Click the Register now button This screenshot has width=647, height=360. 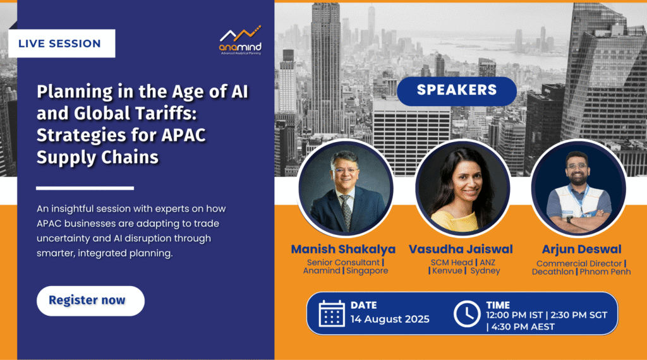90,301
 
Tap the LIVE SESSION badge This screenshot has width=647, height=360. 61,44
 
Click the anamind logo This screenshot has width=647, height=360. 240,40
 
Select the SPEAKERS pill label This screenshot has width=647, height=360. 457,91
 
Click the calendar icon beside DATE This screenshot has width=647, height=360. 332,314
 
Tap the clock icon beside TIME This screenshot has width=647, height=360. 467,315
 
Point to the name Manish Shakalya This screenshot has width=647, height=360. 343,249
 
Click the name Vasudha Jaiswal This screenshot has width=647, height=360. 461,249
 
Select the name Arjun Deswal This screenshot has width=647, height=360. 581,249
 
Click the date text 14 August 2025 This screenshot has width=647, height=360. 390,319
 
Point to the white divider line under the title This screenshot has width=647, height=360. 85,188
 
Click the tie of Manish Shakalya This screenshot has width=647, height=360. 346,212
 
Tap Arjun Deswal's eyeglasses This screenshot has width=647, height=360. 577,166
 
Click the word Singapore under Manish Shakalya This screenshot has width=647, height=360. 367,271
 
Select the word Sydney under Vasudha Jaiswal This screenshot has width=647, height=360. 485,271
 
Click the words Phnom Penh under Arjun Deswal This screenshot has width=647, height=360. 605,272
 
